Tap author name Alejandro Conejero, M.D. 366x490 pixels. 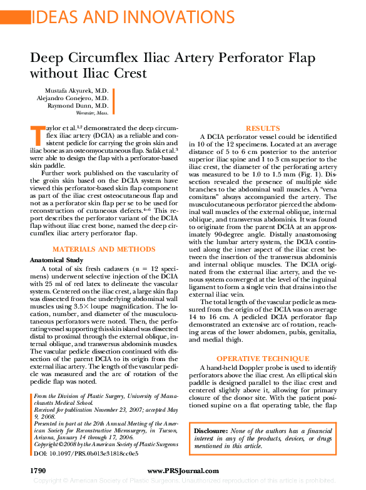73,98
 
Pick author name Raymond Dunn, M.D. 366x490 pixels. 78,106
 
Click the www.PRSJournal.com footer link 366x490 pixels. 183,469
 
